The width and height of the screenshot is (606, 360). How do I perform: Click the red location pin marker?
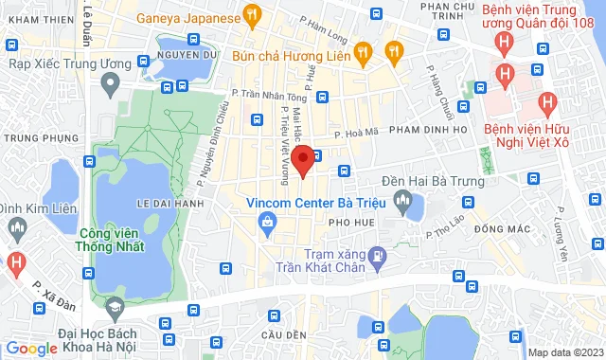pos(302,160)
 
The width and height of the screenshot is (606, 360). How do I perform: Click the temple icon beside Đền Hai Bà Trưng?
pos(404,200)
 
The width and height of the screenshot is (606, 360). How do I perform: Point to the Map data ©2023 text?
pos(564,352)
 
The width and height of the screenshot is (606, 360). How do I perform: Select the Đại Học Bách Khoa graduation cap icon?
pos(113,309)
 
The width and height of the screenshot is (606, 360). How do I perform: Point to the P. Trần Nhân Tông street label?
pos(271,94)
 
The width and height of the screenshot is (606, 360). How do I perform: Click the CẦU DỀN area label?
pos(284,335)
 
